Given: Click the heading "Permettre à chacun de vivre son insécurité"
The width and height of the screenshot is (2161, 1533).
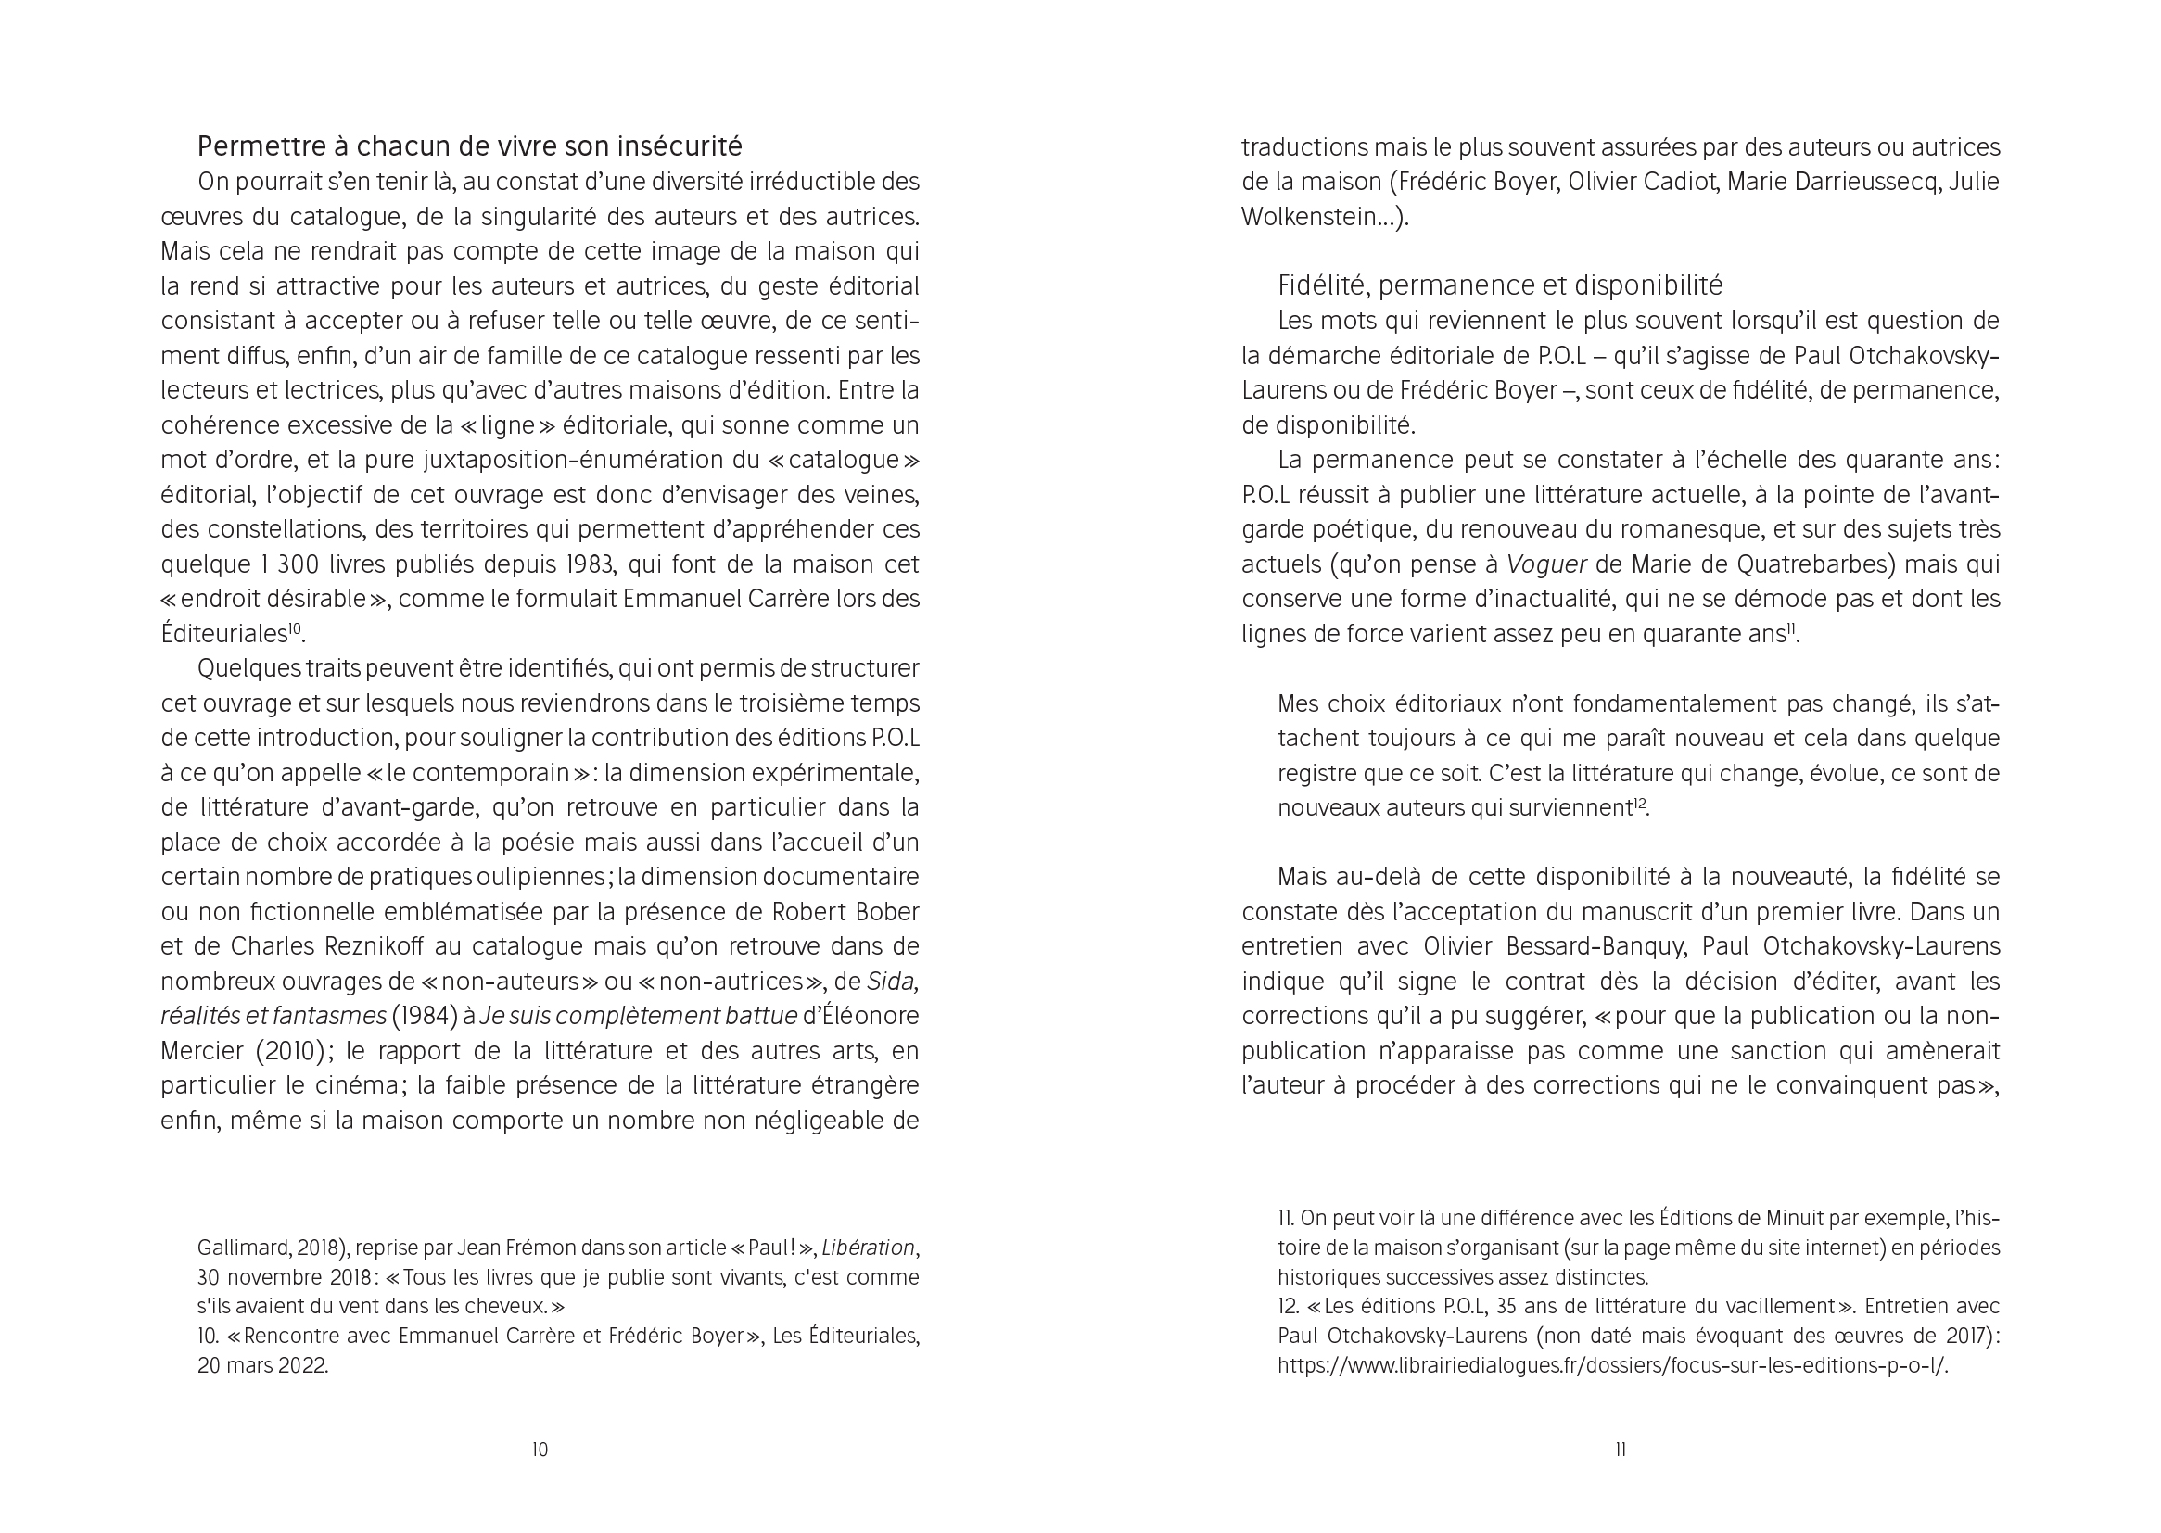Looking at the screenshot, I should click(469, 146).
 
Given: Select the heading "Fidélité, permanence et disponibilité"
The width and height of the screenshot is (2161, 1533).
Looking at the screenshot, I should click(1499, 285).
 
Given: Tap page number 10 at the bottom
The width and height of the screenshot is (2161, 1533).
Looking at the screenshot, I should click(540, 1449).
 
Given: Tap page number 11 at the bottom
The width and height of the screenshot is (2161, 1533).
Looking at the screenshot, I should click(1620, 1449).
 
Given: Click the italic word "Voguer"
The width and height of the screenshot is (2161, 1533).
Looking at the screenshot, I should click(1545, 564).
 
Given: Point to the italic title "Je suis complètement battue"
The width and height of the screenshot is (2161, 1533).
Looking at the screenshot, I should click(638, 1016).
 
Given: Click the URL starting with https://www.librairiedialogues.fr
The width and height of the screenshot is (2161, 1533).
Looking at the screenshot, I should click(1612, 1365).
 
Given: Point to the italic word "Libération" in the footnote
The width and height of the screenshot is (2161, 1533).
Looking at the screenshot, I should click(868, 1248).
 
